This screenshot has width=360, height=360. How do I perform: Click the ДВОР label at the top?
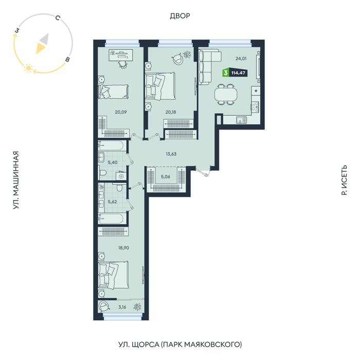180,16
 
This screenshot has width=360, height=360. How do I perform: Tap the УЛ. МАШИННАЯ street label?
15,180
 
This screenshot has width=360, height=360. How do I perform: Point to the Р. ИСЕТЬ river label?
344,180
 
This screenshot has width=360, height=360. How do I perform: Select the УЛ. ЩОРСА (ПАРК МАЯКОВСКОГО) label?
180,345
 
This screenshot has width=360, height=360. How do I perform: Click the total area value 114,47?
238,73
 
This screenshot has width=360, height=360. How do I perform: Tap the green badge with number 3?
226,73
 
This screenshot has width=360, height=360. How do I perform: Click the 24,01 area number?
241,59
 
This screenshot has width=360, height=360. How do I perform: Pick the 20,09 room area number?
121,112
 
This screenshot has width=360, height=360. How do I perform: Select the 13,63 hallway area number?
171,154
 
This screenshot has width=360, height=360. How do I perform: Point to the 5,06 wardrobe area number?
166,176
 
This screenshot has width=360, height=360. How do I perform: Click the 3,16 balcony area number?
122,307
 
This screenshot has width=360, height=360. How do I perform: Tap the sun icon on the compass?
28,68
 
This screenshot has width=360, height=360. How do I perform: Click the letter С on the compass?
58,17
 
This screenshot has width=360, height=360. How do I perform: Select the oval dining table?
226,94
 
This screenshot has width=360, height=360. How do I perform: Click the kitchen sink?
241,120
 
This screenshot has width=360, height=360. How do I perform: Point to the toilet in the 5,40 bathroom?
103,173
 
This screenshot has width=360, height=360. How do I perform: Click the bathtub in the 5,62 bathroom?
112,218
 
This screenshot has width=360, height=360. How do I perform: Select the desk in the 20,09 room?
120,55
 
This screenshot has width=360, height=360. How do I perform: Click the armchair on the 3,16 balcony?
104,306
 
